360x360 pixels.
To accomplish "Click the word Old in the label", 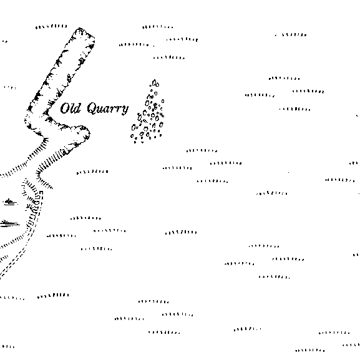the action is (x=71, y=108).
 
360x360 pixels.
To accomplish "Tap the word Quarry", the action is (x=108, y=109).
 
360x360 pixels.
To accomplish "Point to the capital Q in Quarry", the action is (x=92, y=108).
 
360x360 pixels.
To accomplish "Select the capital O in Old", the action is (x=64, y=109).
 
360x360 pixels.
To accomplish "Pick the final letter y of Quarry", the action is (x=125, y=110).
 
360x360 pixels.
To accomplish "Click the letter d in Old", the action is (x=77, y=109).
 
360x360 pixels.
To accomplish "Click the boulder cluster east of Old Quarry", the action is (x=148, y=114).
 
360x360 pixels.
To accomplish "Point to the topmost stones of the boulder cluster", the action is (x=155, y=83).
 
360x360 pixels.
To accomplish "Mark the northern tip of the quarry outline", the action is (x=80, y=29).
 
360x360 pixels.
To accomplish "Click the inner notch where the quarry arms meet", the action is (x=47, y=113).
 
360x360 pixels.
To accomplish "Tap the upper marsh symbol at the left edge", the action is (x=10, y=202).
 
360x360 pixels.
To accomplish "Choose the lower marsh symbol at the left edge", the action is (x=9, y=223).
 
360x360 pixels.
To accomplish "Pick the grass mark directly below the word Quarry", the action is (x=92, y=172).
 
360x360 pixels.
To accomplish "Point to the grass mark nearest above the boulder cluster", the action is (x=169, y=57).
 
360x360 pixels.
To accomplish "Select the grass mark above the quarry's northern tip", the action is (x=51, y=26).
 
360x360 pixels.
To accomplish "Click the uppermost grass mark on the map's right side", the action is (x=291, y=35).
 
